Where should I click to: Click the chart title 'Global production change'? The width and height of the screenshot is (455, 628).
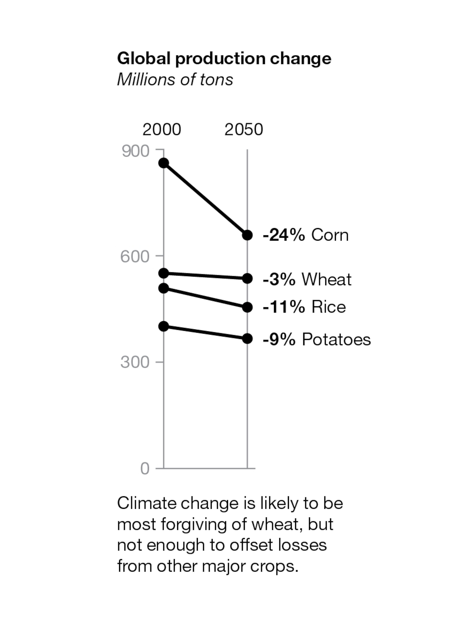coord(224,58)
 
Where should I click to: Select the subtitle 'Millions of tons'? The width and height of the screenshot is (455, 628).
coord(175,80)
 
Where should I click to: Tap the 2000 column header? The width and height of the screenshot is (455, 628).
coord(162,129)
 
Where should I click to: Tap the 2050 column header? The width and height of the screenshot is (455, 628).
coord(244,129)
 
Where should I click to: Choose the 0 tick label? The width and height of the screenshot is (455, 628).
coord(145,469)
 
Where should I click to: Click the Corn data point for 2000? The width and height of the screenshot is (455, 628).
coord(164,163)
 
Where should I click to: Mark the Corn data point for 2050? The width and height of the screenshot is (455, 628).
coord(247,235)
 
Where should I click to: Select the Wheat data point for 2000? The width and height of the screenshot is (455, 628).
coord(164,274)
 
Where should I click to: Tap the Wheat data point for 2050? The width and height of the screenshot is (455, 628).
coord(247,278)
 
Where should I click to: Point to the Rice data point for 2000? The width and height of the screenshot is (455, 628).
coord(164,288)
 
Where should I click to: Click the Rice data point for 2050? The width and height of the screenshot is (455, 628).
coord(247,307)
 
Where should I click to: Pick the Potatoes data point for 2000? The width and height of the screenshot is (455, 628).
coord(164,326)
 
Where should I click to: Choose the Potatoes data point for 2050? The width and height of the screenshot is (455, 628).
coord(247,339)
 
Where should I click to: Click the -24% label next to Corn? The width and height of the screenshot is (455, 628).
coord(284,235)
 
